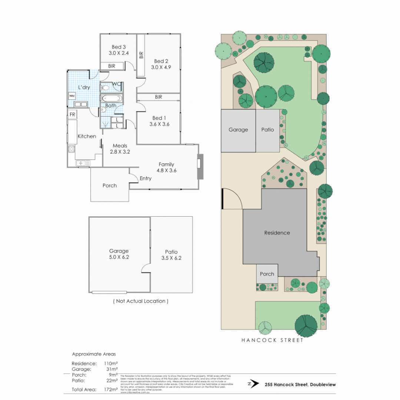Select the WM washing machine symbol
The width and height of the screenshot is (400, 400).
pyautogui.click(x=71, y=96)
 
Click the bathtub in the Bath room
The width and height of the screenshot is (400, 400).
pyautogui.click(x=111, y=99)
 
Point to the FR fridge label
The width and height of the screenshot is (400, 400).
pyautogui.click(x=72, y=115)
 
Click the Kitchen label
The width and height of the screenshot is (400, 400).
pyautogui.click(x=87, y=136)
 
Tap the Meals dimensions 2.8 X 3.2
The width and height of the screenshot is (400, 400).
pyautogui.click(x=120, y=151)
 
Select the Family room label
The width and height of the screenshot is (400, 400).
pyautogui.click(x=166, y=164)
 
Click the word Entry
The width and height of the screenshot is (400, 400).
pyautogui.click(x=146, y=179)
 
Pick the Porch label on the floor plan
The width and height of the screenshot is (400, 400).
pyautogui.click(x=110, y=186)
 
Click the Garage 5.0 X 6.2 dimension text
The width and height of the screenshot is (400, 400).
pyautogui.click(x=119, y=257)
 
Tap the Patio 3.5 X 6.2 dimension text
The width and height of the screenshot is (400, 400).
pyautogui.click(x=171, y=258)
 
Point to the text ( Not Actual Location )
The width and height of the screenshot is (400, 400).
pyautogui.click(x=141, y=301)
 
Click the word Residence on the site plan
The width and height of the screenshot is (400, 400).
pyautogui.click(x=277, y=233)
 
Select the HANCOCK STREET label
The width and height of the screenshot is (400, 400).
pyautogui.click(x=272, y=340)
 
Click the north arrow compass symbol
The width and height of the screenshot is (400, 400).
pyautogui.click(x=254, y=384)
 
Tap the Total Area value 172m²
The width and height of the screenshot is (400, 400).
pyautogui.click(x=111, y=389)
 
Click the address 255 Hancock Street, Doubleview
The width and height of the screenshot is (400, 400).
pyautogui.click(x=300, y=384)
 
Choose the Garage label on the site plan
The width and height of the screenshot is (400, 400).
pyautogui.click(x=238, y=130)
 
